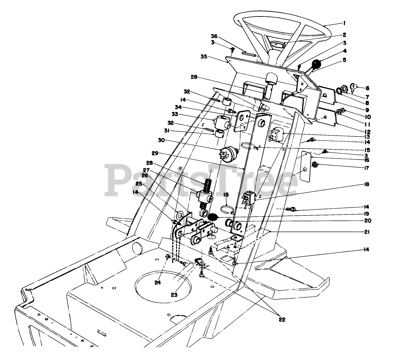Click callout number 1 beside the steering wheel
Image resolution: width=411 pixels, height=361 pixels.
pos(344,23)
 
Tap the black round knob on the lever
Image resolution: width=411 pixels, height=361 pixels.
pos(317,65)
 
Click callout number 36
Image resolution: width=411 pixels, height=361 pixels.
pos(214,36)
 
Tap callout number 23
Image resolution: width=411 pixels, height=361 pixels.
pos(174,295)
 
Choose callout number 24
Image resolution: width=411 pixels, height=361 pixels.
pos(158,283)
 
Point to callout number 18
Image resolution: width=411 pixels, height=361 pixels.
pos(367,184)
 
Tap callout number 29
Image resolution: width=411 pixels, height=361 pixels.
pos(164,153)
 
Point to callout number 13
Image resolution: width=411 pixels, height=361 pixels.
pos(367,137)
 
